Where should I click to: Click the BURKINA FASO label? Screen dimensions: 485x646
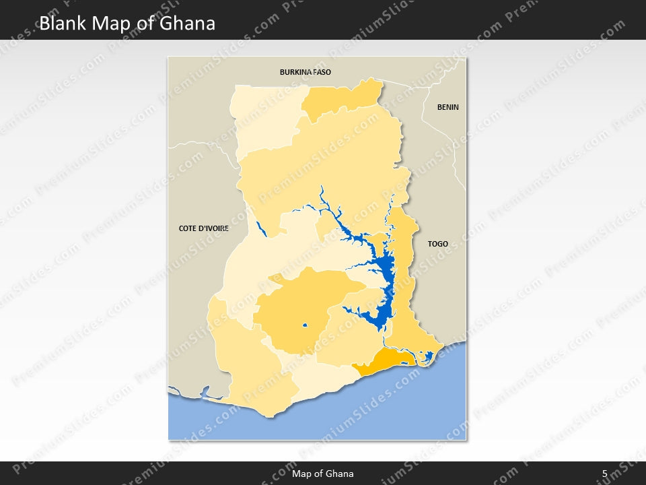(306, 71)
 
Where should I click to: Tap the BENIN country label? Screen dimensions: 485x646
(447, 107)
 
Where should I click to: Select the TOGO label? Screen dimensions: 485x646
(437, 244)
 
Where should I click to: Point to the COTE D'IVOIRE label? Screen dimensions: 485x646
(203, 228)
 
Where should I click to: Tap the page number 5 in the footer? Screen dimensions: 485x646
(604, 474)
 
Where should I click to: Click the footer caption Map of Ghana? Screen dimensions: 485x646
(322, 474)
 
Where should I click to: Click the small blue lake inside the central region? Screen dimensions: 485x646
(305, 326)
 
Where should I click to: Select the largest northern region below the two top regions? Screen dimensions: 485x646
(323, 168)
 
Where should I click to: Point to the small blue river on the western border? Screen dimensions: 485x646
(262, 229)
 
